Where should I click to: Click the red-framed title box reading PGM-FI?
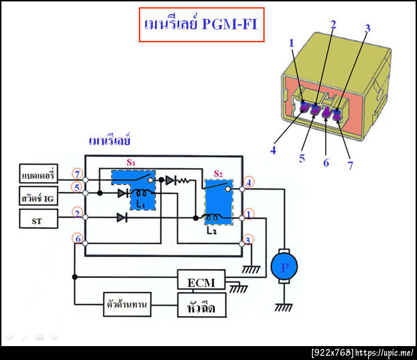[202, 25]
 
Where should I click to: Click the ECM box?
[202, 282]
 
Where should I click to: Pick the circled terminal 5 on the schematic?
[78, 186]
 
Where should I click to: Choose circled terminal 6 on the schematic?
[78, 240]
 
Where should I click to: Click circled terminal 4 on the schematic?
[250, 183]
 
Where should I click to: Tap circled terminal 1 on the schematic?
[250, 214]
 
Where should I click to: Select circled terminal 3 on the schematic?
[250, 240]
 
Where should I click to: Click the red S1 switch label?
[130, 162]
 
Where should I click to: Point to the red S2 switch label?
[218, 172]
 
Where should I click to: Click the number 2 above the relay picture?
[333, 25]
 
